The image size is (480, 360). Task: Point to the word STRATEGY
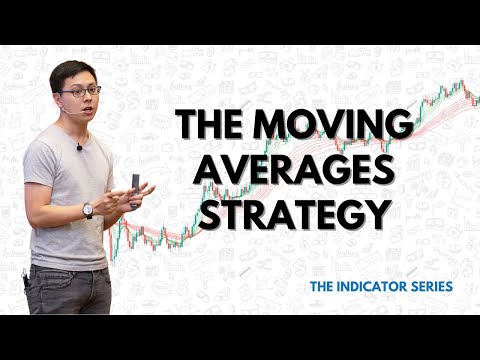click(x=295, y=214)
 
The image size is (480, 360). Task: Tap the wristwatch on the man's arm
click(x=88, y=210)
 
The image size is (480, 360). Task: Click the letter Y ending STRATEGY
click(x=376, y=214)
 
